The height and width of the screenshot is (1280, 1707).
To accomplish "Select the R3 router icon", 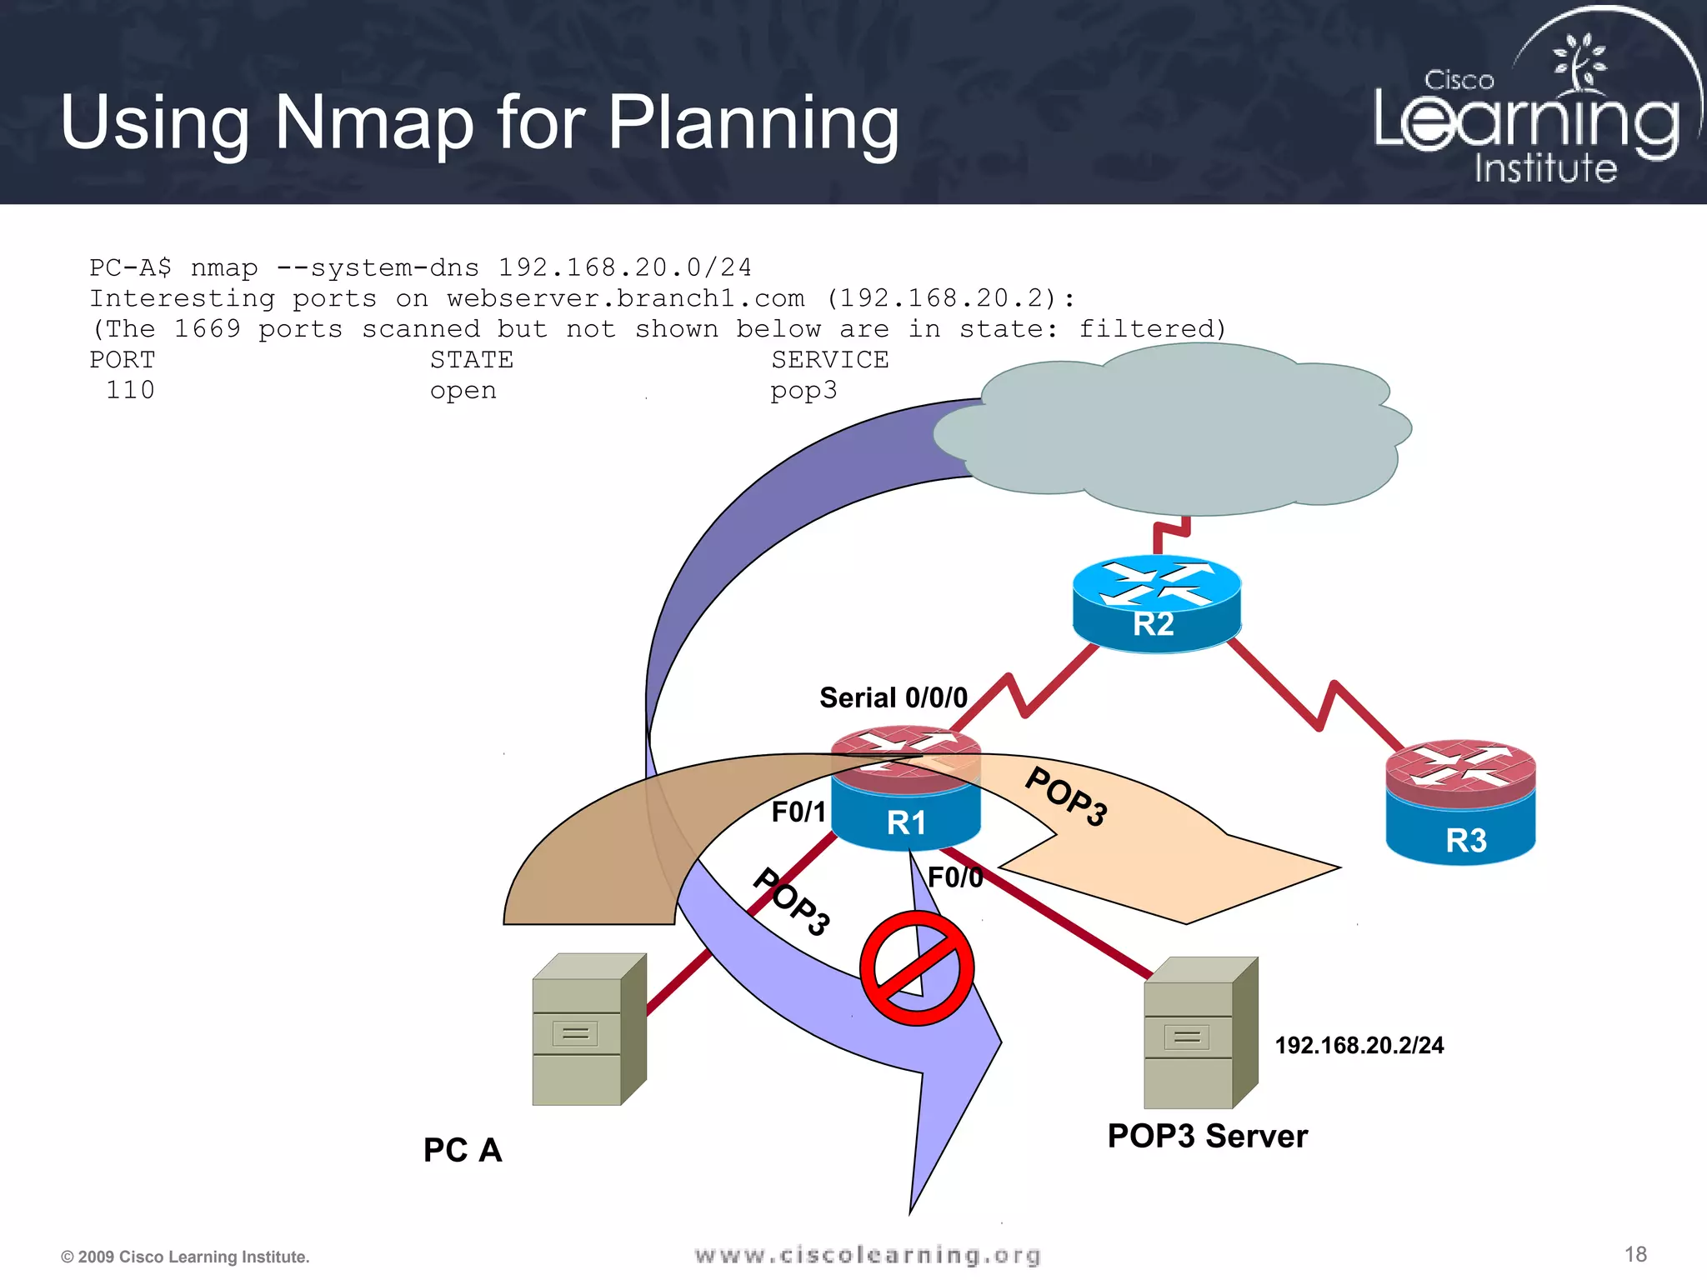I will pyautogui.click(x=1460, y=802).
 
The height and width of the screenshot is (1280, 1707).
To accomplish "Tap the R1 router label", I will pyautogui.click(x=906, y=823).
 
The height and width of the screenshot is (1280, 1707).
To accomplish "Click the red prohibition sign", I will pyautogui.click(x=917, y=968).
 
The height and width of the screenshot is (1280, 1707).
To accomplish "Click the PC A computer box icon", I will pyautogui.click(x=588, y=1030).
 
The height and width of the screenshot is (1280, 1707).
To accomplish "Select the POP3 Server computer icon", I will pyautogui.click(x=1200, y=1033).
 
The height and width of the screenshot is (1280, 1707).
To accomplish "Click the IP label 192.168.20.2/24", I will pyautogui.click(x=1359, y=1045).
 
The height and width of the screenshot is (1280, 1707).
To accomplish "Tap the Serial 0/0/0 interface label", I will pyautogui.click(x=893, y=697).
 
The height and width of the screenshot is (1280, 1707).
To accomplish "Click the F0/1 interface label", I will pyautogui.click(x=798, y=812).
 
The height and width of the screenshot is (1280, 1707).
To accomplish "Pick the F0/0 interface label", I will pyautogui.click(x=954, y=877).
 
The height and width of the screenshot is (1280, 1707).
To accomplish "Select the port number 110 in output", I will pyautogui.click(x=130, y=390).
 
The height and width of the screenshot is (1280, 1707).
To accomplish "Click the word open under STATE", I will pyautogui.click(x=463, y=390).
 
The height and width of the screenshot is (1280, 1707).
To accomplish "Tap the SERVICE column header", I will pyautogui.click(x=829, y=360).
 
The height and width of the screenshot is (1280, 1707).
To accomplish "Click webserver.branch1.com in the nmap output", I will pyautogui.click(x=625, y=298).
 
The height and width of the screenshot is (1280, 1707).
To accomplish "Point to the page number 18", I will pyautogui.click(x=1635, y=1254).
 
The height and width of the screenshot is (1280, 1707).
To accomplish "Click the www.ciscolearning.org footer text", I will pyautogui.click(x=868, y=1255).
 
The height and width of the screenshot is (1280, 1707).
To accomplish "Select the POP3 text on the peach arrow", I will pyautogui.click(x=1067, y=796).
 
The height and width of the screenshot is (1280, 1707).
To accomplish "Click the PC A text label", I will pyautogui.click(x=463, y=1150).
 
